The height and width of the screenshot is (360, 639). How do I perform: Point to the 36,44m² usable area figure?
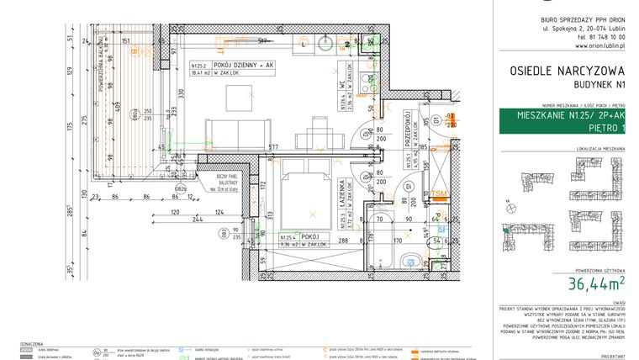(x=595, y=283)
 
